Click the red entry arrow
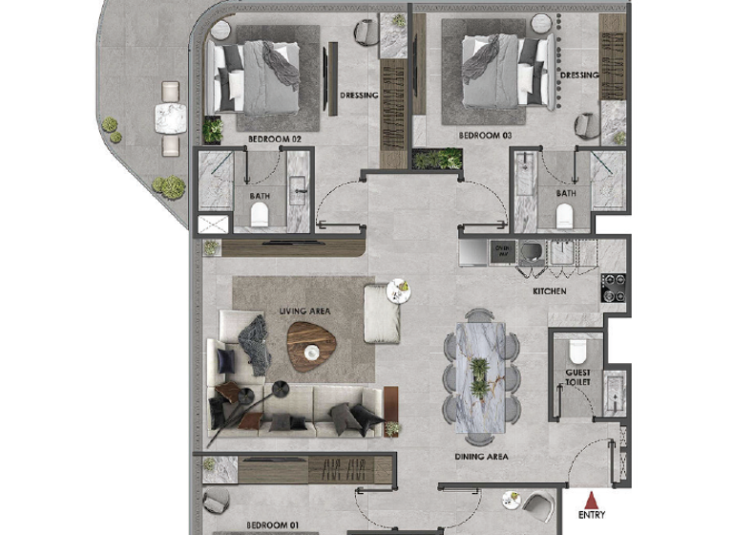click(592, 498)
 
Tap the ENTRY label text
click(592, 515)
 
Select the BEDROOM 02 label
click(274, 139)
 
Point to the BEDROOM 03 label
click(486, 136)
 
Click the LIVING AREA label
click(304, 311)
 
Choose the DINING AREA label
click(481, 457)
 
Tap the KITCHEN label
click(550, 291)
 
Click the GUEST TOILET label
click(578, 376)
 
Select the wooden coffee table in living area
click(311, 342)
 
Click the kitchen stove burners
click(613, 284)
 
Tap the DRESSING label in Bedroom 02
click(360, 96)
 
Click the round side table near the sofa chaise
click(400, 290)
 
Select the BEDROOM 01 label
click(273, 525)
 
